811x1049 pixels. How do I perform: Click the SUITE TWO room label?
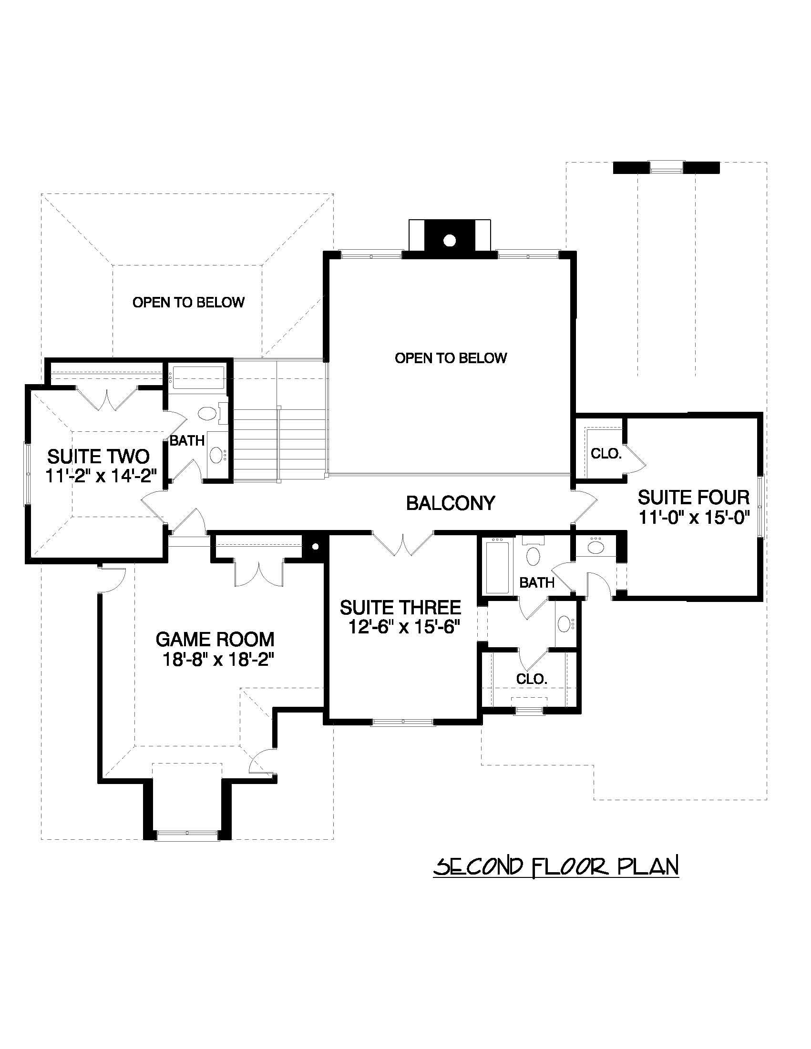pyautogui.click(x=98, y=456)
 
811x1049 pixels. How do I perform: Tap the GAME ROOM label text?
pyautogui.click(x=215, y=639)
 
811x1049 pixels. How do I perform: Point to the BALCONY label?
pyautogui.click(x=450, y=503)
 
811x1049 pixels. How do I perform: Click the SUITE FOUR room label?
pyautogui.click(x=693, y=497)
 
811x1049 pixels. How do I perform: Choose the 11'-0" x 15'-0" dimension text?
pyautogui.click(x=694, y=518)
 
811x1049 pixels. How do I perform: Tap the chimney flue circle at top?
pyautogui.click(x=449, y=241)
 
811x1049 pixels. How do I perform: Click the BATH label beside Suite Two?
pyautogui.click(x=187, y=440)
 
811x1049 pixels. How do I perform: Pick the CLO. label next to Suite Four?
pyautogui.click(x=606, y=453)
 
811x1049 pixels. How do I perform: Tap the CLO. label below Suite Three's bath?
pyautogui.click(x=532, y=679)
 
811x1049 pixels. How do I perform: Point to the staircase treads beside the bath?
pyautogui.click(x=278, y=442)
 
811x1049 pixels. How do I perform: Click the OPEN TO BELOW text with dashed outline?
pyautogui.click(x=188, y=302)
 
